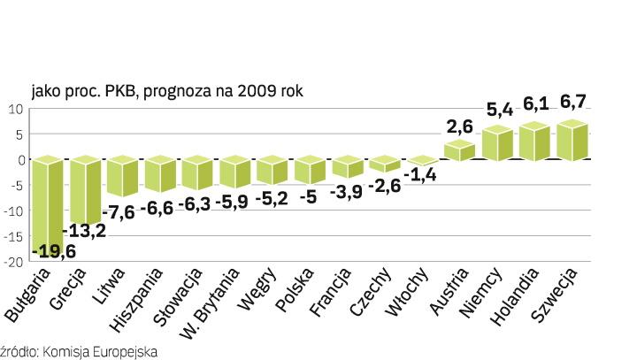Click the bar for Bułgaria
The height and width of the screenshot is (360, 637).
[x=48, y=203]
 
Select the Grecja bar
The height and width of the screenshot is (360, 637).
[x=86, y=190]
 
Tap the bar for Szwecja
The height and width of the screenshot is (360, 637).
[x=566, y=140]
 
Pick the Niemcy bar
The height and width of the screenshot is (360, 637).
[x=492, y=144]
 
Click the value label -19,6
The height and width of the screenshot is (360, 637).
[x=52, y=252]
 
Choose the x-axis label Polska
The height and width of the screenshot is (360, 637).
[x=292, y=295]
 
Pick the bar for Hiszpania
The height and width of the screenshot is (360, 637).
[x=161, y=174]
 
